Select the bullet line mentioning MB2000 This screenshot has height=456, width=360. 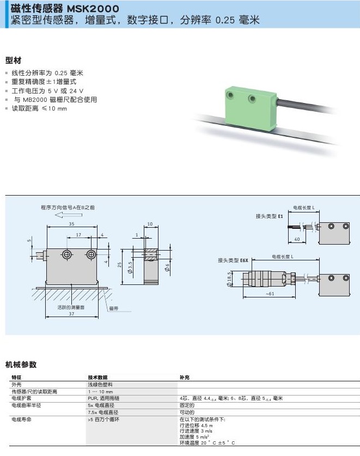pyautogui.click(x=54, y=100)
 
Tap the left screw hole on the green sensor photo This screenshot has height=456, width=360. pyautogui.click(x=231, y=95)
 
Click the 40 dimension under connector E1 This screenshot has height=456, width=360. pyautogui.click(x=297, y=239)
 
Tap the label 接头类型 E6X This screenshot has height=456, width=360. pyautogui.click(x=233, y=260)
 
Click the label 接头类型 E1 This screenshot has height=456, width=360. pyautogui.click(x=270, y=216)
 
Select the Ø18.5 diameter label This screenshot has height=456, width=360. pyautogui.click(x=230, y=278)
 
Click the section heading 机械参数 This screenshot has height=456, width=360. pyautogui.click(x=21, y=364)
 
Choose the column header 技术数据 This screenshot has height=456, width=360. pyautogui.click(x=98, y=378)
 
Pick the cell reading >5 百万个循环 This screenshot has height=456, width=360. pyautogui.click(x=103, y=420)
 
